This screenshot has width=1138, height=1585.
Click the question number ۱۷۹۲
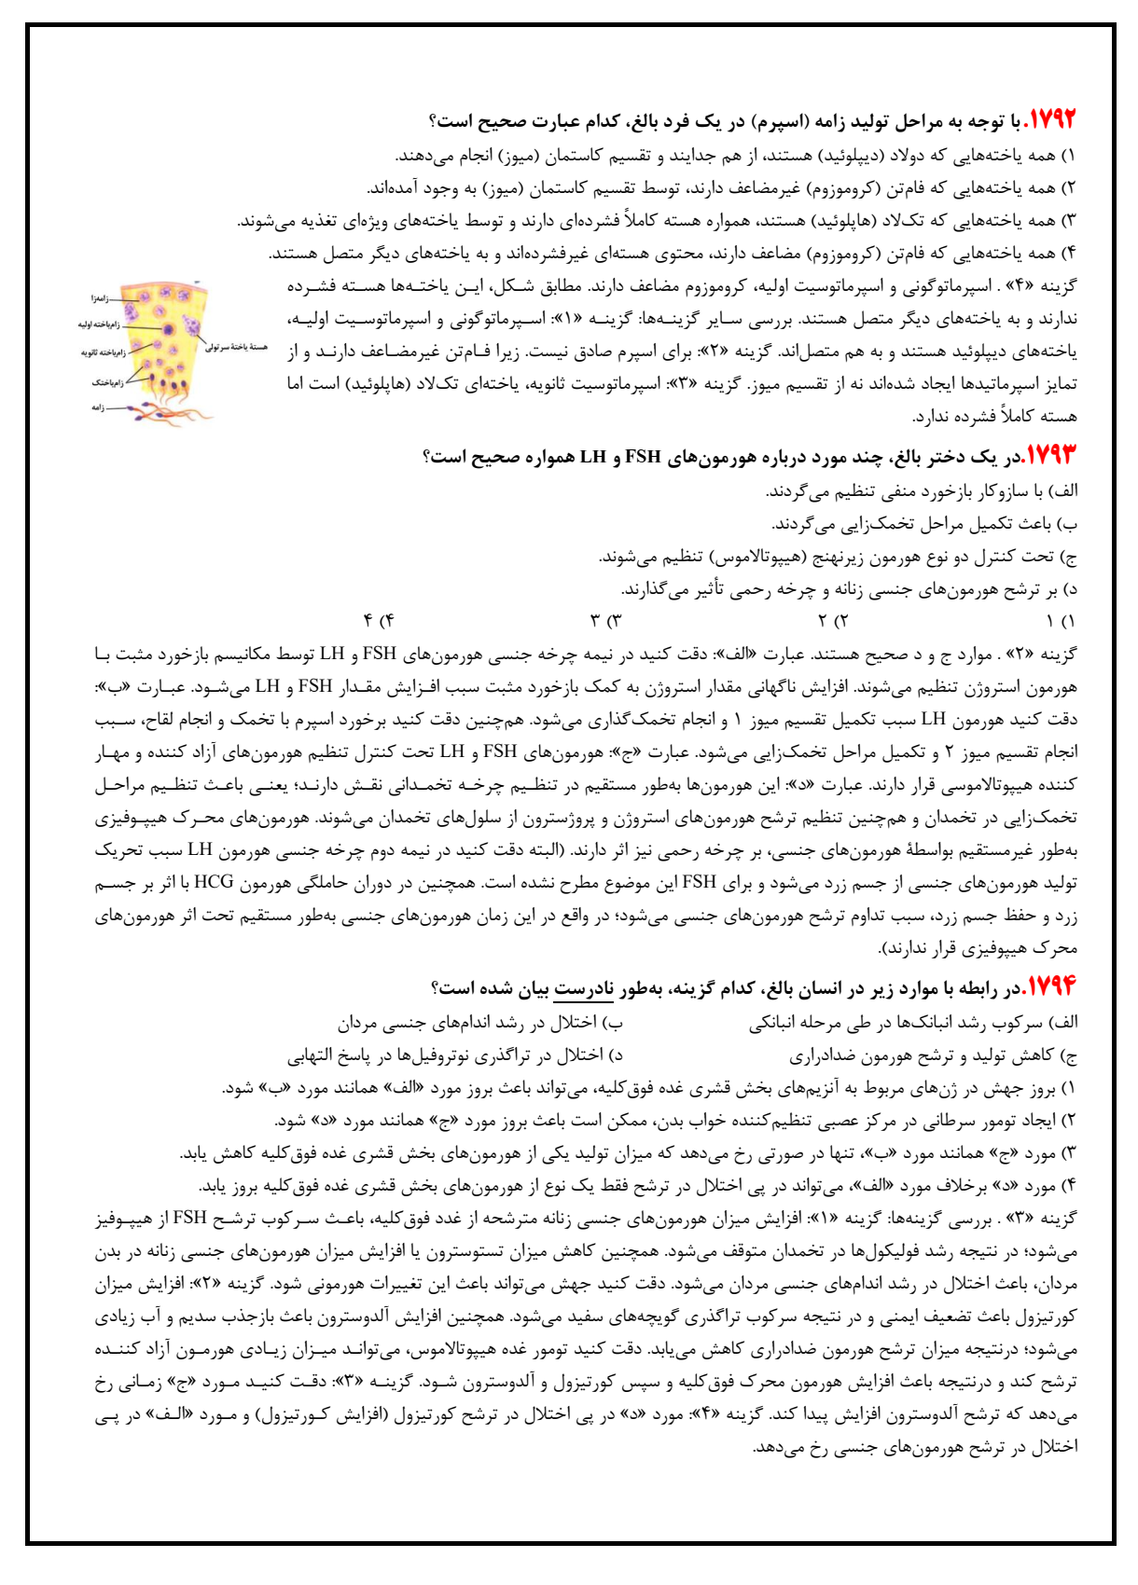[1050, 120]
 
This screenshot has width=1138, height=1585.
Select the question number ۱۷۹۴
[1050, 986]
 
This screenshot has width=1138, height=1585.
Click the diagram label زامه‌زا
[100, 298]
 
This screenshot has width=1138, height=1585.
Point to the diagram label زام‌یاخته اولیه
[99, 325]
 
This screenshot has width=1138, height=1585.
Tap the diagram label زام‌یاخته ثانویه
[103, 352]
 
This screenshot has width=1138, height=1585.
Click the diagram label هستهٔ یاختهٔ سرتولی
[236, 347]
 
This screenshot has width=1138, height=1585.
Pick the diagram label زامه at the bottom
[98, 407]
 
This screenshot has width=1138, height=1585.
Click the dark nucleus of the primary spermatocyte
[168, 328]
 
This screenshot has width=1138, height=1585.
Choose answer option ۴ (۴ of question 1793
[380, 621]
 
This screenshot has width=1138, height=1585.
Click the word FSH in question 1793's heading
[643, 457]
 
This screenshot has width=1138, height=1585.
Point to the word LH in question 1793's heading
[593, 457]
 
